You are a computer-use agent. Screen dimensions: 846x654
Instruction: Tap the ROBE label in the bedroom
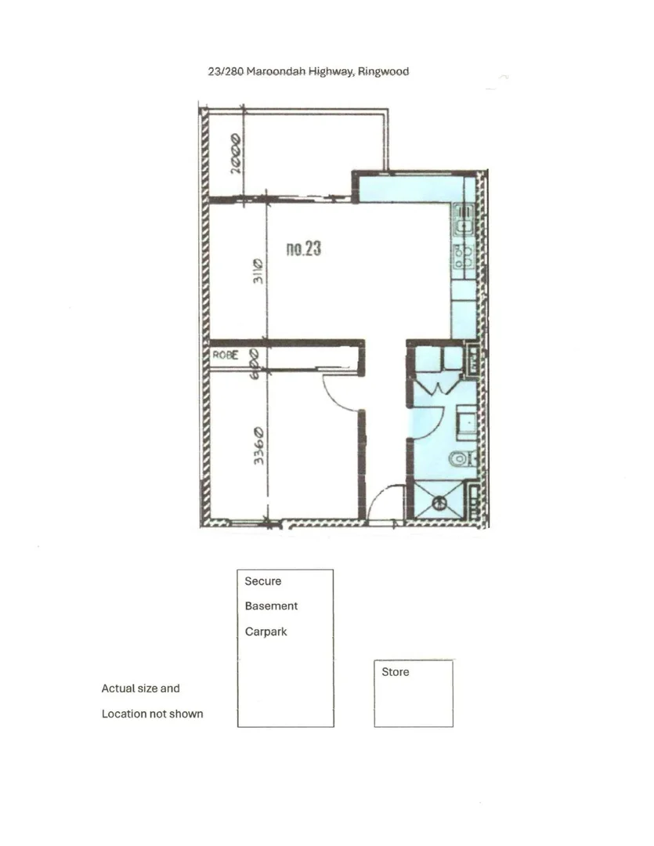coord(225,355)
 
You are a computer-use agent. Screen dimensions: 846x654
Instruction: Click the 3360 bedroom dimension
coord(259,446)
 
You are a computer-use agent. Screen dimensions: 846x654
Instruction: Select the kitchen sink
coord(464,224)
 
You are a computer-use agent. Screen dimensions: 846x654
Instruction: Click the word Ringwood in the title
coord(384,71)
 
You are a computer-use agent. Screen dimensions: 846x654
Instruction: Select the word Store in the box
coord(395,672)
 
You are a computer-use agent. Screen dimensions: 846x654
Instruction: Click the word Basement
coord(271,606)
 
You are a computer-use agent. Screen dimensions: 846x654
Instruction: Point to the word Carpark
coord(266,632)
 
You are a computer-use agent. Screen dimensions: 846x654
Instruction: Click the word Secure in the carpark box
coord(262,581)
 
